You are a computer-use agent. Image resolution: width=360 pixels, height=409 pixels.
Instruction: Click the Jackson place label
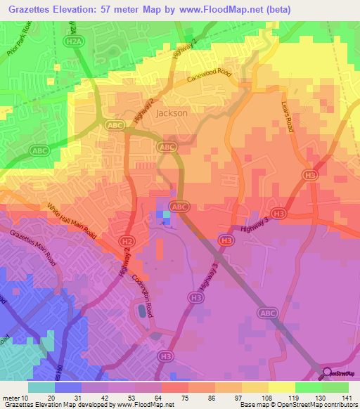point(172,112)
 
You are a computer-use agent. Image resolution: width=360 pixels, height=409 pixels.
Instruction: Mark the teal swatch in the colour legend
point(41,387)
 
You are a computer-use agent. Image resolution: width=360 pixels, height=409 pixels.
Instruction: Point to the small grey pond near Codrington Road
point(143,310)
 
